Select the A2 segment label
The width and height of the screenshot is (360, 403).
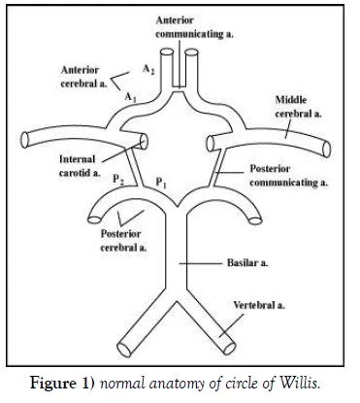pos(147,70)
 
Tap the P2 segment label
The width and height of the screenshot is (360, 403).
pos(117,181)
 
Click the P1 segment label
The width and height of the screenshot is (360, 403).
pos(160,182)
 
